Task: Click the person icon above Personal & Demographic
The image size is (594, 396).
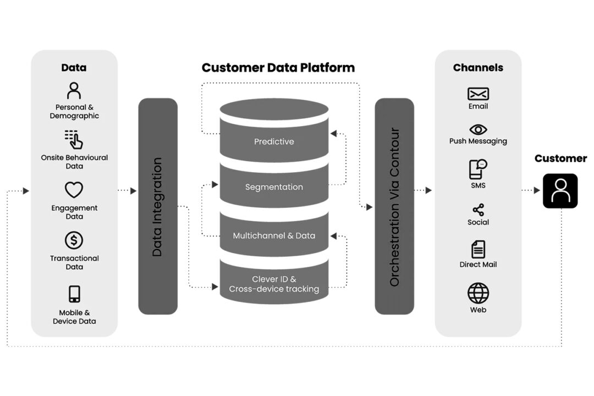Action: pos(74,90)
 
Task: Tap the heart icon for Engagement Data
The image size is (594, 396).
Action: pos(74,190)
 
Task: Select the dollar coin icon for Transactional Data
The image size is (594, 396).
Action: pos(74,240)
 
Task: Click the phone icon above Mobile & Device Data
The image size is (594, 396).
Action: pos(75,294)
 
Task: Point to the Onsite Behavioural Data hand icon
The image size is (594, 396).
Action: pos(74,140)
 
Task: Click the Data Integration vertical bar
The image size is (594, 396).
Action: pos(158,206)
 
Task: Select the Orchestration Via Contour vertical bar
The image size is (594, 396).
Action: pos(394,206)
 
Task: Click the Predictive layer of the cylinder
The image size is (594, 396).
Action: pos(274,141)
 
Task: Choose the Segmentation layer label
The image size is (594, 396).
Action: pos(274,187)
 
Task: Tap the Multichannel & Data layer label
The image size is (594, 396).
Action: pos(274,235)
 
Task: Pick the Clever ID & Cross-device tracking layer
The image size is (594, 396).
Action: pos(274,284)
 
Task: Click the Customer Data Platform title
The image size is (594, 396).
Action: pos(278,68)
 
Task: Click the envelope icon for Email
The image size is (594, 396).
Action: pos(478,94)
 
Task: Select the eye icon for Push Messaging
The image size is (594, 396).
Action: pos(478,129)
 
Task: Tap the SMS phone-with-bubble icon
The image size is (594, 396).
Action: pos(478,169)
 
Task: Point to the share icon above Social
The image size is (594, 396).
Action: pos(478,210)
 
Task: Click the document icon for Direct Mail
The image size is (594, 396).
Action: pos(478,249)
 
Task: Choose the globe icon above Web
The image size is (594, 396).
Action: pos(478,293)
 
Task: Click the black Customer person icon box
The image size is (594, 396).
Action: pos(560,191)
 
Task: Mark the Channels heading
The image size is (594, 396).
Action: pos(478,68)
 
